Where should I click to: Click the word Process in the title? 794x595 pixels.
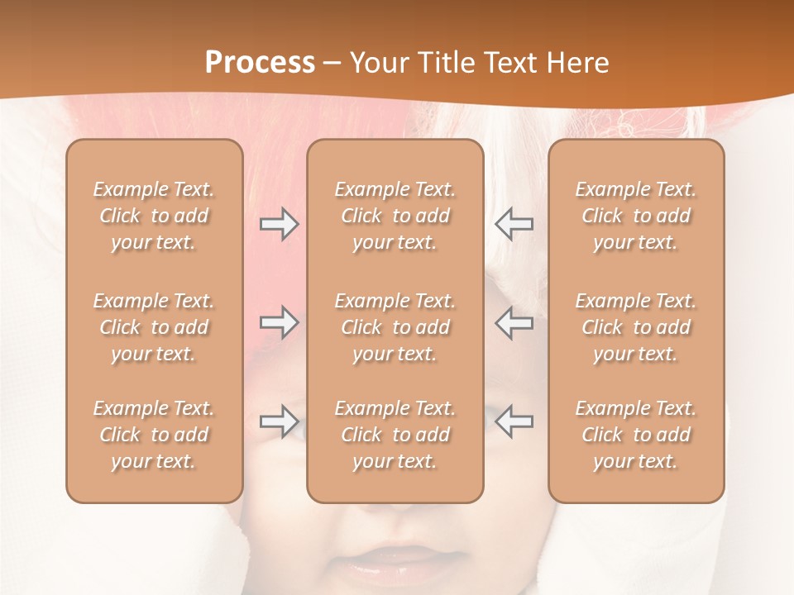[x=260, y=63]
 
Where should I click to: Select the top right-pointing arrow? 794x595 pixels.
[x=280, y=224]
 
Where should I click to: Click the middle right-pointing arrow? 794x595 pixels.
[x=280, y=322]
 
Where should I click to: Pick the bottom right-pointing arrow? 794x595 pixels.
[x=280, y=421]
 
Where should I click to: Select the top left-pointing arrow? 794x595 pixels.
[x=514, y=224]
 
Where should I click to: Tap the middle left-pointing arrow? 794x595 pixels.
[x=514, y=322]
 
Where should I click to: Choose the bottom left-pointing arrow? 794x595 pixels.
[x=514, y=421]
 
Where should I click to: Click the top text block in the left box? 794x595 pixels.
[x=154, y=216]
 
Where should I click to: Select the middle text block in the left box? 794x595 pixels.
[x=154, y=327]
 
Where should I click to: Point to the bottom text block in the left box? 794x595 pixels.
[x=154, y=435]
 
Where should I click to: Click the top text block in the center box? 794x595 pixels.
[x=395, y=216]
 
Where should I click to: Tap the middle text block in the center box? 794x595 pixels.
[x=395, y=327]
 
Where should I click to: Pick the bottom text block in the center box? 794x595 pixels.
[x=395, y=435]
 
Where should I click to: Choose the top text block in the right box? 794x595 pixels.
[x=636, y=216]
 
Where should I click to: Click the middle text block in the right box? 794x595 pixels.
[x=636, y=327]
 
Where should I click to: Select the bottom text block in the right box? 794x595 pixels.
[x=636, y=435]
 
